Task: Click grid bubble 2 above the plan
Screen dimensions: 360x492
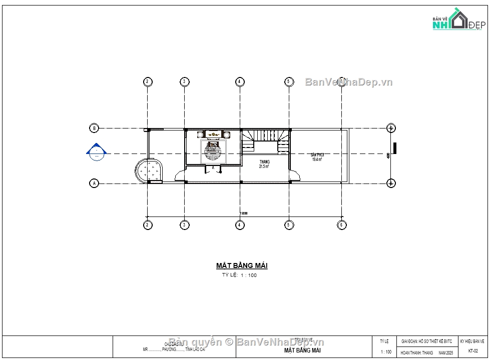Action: click(x=147, y=81)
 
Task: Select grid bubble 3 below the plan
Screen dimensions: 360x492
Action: click(x=184, y=225)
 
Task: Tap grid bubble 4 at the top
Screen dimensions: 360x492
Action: click(x=240, y=81)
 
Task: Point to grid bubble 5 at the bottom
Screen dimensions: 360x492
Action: click(x=288, y=225)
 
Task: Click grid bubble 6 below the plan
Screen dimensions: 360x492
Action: click(x=341, y=225)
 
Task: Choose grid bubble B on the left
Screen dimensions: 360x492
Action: click(x=94, y=128)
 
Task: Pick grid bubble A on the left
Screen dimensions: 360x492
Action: click(x=94, y=183)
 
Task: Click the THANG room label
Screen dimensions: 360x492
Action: click(x=264, y=162)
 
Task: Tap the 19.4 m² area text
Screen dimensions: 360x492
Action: click(x=318, y=159)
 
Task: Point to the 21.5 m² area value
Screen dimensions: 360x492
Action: click(x=264, y=166)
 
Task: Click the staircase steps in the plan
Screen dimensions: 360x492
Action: click(x=266, y=136)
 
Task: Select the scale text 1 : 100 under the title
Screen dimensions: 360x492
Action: click(x=248, y=275)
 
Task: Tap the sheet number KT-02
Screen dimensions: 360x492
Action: click(x=473, y=351)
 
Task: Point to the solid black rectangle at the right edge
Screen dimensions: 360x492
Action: click(x=395, y=148)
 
